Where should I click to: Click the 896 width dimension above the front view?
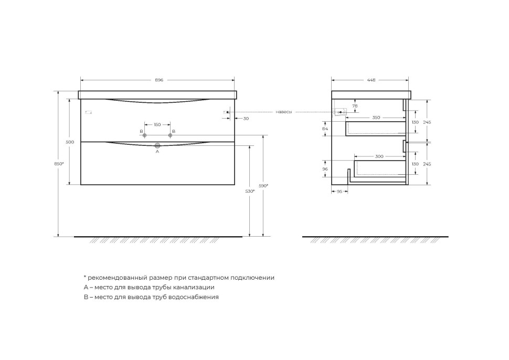159,80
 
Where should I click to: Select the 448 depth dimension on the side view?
371,80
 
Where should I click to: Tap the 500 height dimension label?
70,142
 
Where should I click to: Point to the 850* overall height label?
59,164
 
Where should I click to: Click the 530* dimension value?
250,191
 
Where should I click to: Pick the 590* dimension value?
263,185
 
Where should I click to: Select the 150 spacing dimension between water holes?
157,125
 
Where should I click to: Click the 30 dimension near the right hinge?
246,119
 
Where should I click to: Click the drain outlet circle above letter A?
157,144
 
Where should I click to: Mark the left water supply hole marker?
145,135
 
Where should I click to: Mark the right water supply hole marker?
170,135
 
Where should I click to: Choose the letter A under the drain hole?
157,152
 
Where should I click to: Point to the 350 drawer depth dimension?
376,118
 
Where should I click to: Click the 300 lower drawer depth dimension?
379,156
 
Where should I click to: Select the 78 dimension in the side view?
355,106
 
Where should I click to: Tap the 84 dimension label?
325,129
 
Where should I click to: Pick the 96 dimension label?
325,169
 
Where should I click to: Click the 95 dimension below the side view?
339,192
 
